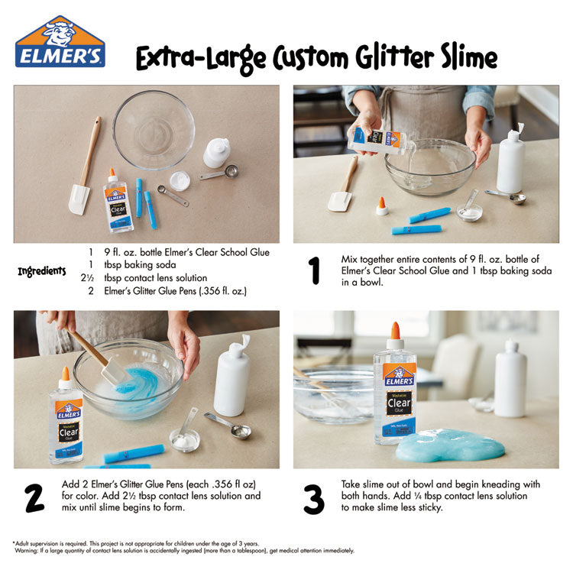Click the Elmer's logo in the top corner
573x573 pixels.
[x=60, y=44]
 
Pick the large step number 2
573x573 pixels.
[x=34, y=497]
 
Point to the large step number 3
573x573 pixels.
[x=314, y=497]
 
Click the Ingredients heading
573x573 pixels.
[x=43, y=271]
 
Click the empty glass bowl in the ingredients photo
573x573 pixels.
[x=154, y=129]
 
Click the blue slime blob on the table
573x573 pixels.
[x=450, y=445]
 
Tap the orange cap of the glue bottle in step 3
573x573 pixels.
[x=395, y=331]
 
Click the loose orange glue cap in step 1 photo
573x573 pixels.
[x=381, y=206]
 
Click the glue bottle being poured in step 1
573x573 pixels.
[x=378, y=140]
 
